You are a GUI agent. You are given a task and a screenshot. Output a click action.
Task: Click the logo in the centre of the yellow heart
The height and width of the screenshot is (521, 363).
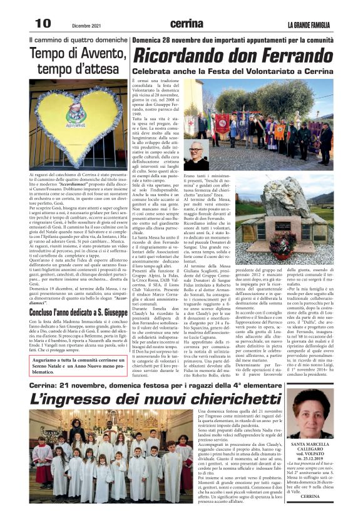pos(76,116)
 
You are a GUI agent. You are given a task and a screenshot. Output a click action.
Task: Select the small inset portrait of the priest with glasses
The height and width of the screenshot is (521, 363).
pos(195,155)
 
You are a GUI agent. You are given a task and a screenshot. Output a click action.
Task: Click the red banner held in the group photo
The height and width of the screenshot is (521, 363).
pos(222,123)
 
